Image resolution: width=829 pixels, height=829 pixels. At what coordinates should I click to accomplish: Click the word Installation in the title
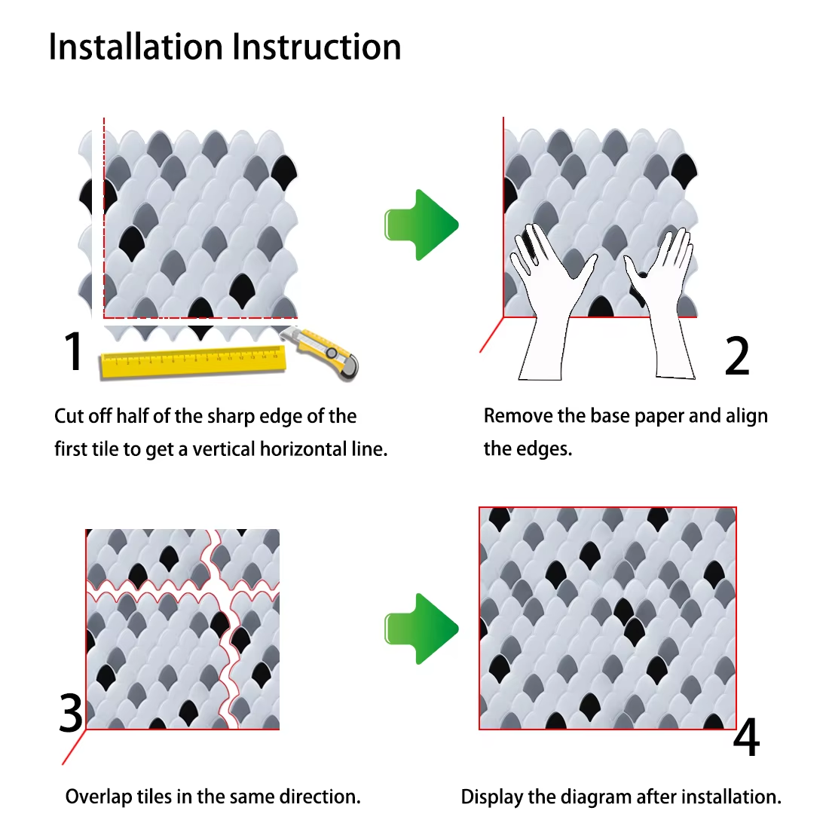pyautogui.click(x=136, y=47)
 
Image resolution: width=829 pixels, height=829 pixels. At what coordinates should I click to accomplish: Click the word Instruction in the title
pyautogui.click(x=317, y=47)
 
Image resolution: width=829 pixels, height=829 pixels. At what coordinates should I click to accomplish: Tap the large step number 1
pyautogui.click(x=73, y=351)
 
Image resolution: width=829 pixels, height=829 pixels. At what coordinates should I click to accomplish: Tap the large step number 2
pyautogui.click(x=737, y=356)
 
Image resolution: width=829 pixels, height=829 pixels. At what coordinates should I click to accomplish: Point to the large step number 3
pyautogui.click(x=72, y=713)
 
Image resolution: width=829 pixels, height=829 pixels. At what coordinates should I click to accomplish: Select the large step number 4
pyautogui.click(x=746, y=738)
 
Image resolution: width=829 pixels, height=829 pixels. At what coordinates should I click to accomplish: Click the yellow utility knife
pyautogui.click(x=324, y=350)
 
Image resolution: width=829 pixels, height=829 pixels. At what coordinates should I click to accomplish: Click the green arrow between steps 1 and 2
pyautogui.click(x=421, y=225)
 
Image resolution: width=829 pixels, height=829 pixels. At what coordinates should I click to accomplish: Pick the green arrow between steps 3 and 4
pyautogui.click(x=421, y=629)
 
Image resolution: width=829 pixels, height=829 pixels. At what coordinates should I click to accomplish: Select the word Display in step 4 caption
pyautogui.click(x=490, y=797)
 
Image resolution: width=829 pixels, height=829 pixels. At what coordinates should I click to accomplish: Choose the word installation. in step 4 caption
pyautogui.click(x=730, y=797)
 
